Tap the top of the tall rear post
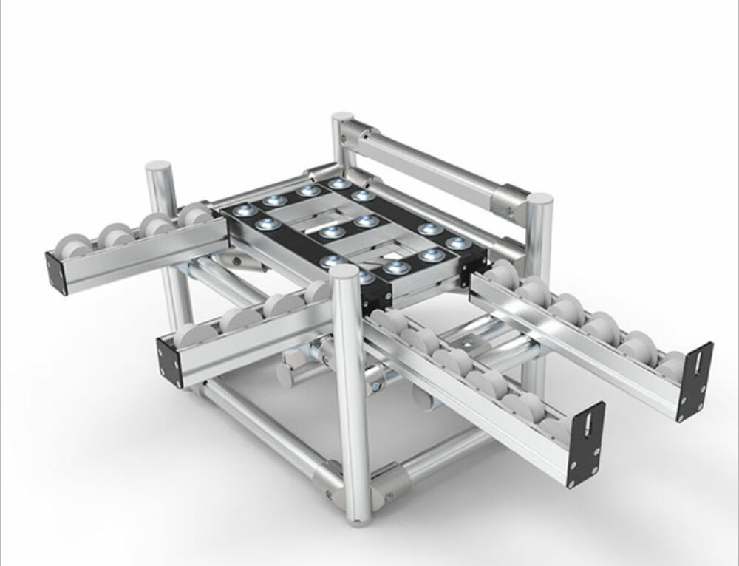pyautogui.click(x=342, y=120)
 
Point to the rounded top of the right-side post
pyautogui.click(x=539, y=201)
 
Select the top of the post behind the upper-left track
pyautogui.click(x=158, y=169)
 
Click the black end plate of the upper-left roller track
pyautogui.click(x=56, y=273)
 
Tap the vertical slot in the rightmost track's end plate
pyautogui.click(x=696, y=372)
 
